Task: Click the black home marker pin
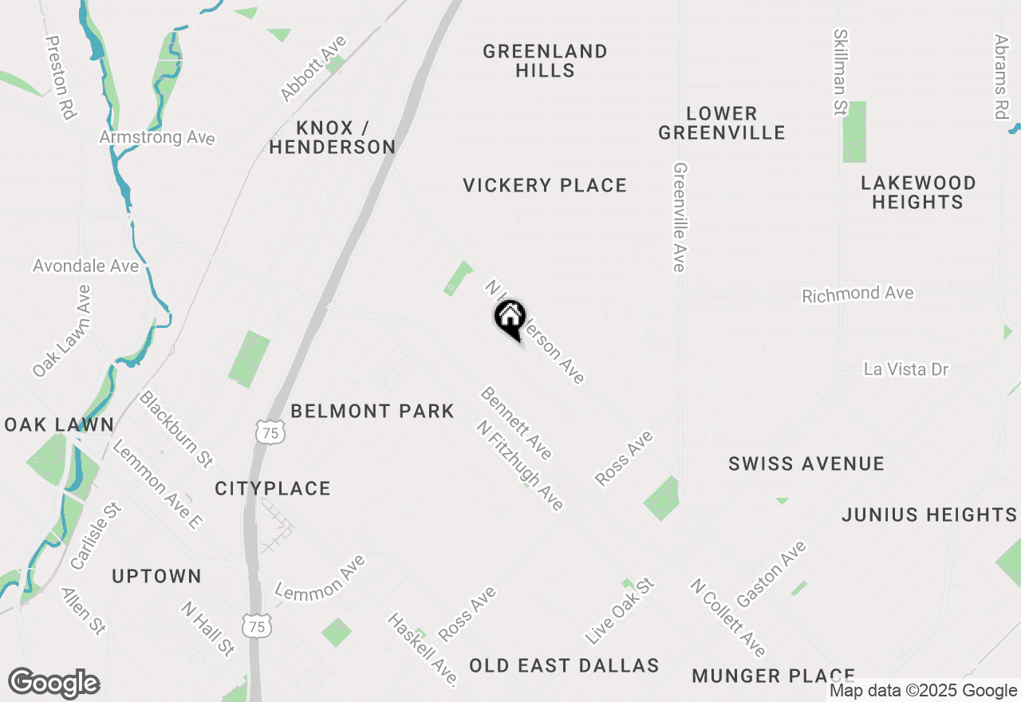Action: click(x=510, y=318)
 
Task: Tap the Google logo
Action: click(x=53, y=684)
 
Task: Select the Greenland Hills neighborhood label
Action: click(x=545, y=61)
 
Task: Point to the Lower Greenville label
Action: click(x=722, y=123)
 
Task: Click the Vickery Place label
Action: click(x=545, y=185)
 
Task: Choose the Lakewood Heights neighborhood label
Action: click(x=918, y=192)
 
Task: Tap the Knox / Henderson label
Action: click(x=333, y=137)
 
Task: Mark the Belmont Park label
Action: click(x=373, y=411)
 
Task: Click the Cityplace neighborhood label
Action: click(x=273, y=488)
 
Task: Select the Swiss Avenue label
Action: click(x=806, y=463)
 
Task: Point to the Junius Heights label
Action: click(x=929, y=515)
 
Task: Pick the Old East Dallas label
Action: click(x=564, y=665)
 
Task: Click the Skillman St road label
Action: click(x=841, y=73)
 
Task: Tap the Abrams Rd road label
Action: click(x=1002, y=76)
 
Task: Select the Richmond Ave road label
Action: click(x=857, y=294)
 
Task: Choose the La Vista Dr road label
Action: click(x=907, y=369)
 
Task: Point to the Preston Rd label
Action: click(x=61, y=77)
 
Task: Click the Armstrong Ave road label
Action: click(x=157, y=137)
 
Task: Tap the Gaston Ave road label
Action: click(x=771, y=574)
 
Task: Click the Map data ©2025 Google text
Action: click(x=923, y=691)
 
